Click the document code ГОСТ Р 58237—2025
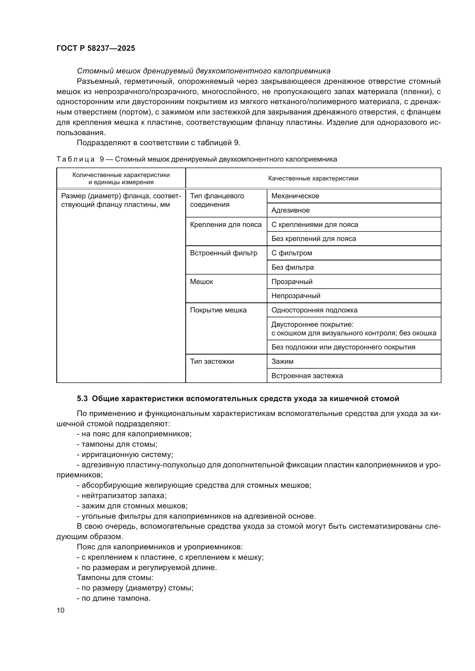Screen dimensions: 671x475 click(96, 48)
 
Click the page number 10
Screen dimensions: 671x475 click(61, 610)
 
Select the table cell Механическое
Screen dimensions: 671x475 click(295, 196)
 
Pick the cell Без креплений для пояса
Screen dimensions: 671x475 click(314, 238)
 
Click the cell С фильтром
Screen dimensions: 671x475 click(291, 253)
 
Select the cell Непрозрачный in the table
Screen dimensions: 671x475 click(296, 295)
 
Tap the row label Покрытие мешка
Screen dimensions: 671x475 click(218, 310)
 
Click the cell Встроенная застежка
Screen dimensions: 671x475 click(307, 376)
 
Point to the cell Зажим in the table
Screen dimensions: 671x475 click(282, 361)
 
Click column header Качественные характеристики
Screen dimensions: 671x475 click(313, 178)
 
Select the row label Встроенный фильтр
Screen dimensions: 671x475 click(223, 253)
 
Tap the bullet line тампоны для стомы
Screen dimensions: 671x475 click(117, 444)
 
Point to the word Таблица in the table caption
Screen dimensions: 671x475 click(76, 159)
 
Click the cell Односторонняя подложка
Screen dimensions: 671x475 click(314, 310)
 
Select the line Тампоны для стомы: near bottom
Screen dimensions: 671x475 click(115, 577)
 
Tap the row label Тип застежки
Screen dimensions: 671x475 click(212, 361)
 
